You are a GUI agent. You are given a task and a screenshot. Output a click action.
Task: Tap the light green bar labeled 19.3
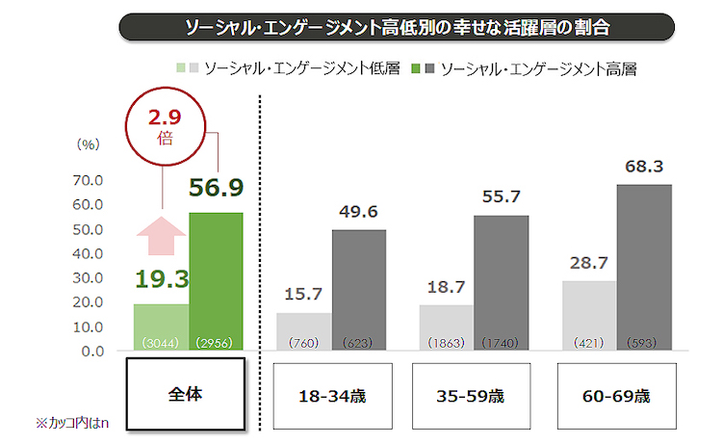coord(162,327)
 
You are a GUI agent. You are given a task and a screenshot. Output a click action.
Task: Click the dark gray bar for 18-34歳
coord(358,290)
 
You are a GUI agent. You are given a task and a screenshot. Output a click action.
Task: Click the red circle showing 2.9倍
coord(164,127)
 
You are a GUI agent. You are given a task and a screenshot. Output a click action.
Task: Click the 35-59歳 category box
coord(474,396)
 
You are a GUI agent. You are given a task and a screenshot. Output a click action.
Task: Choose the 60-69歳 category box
coord(616,396)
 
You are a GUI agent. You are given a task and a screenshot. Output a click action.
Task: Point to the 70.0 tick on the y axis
coord(87,180)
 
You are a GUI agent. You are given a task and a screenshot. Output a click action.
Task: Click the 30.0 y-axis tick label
coord(87,277)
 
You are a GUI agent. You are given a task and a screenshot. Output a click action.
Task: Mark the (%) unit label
coord(88,144)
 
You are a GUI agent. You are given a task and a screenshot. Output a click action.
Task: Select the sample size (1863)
coord(446,342)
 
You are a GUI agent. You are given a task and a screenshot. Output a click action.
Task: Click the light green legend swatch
coord(181,69)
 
